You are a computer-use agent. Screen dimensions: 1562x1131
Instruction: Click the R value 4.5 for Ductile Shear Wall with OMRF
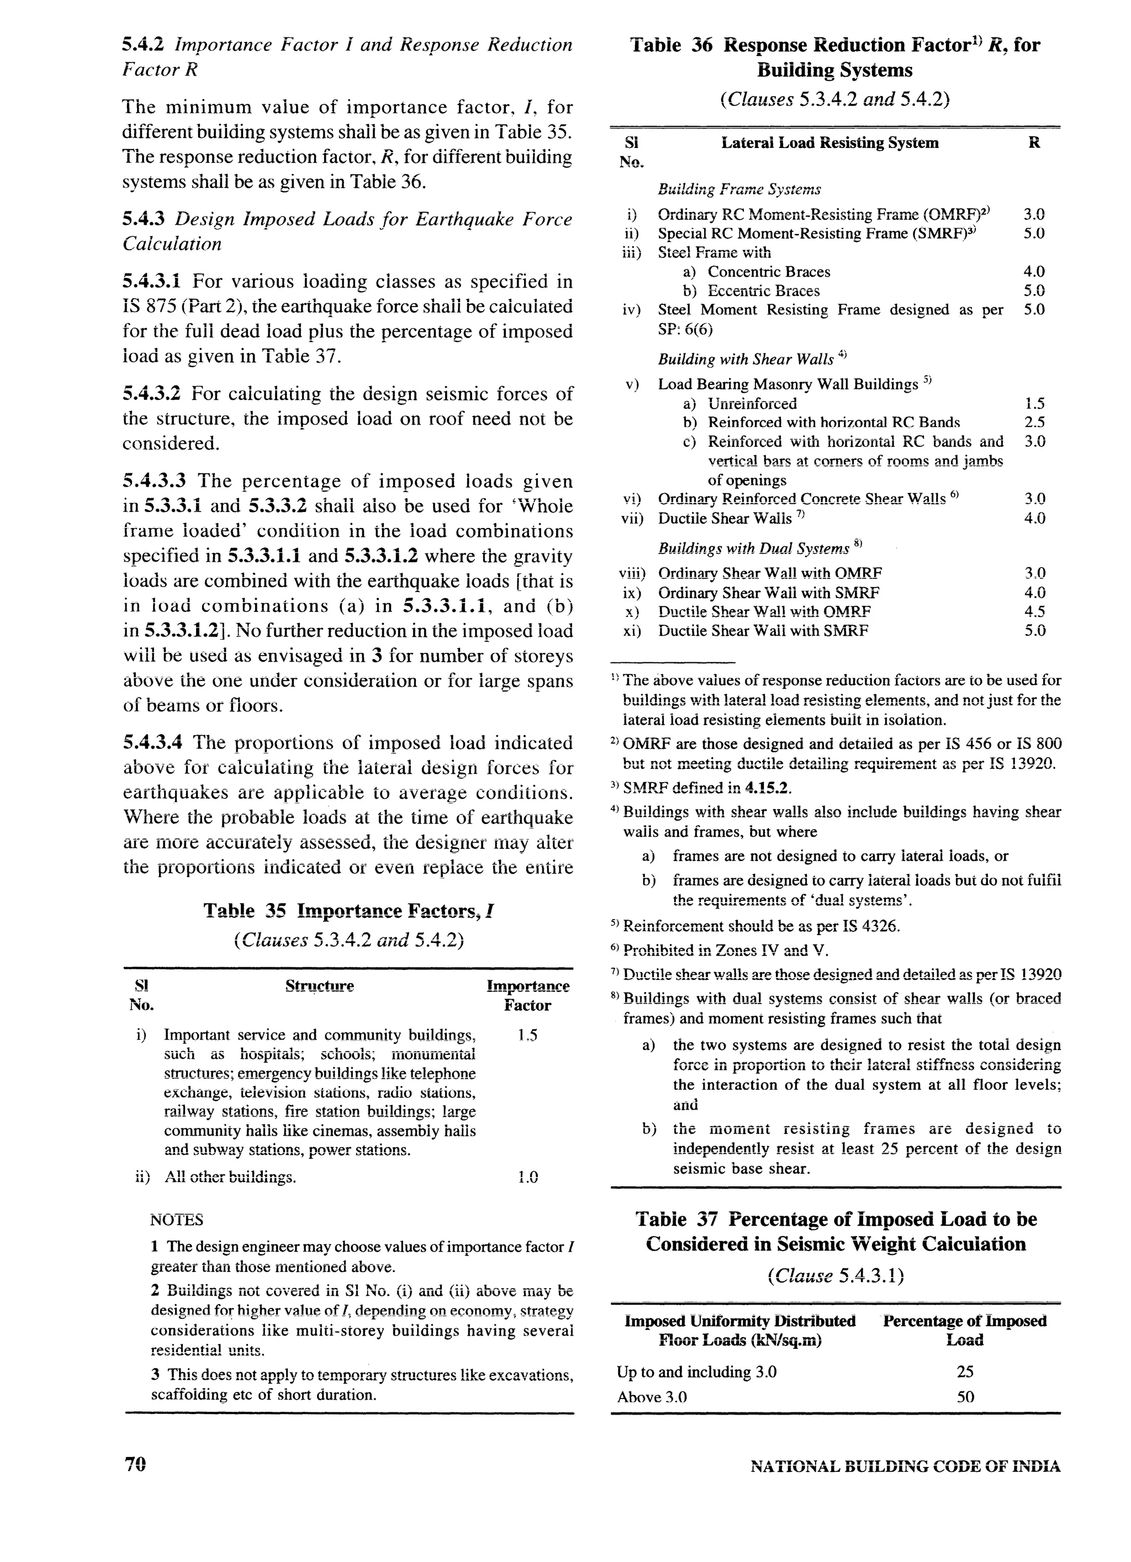point(1034,611)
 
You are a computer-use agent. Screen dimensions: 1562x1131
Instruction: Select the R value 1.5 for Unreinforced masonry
point(1034,404)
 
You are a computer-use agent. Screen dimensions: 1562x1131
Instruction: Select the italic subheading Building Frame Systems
point(739,189)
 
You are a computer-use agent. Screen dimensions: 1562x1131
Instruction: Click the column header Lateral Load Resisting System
point(829,143)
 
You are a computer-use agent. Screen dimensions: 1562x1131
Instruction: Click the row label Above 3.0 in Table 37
point(652,1397)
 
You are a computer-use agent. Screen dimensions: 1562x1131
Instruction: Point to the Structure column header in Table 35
point(320,986)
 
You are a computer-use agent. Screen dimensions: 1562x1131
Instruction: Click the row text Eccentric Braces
point(763,291)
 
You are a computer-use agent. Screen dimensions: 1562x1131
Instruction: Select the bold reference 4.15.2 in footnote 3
point(755,787)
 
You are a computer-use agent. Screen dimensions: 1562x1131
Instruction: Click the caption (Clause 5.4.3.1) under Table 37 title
point(836,1276)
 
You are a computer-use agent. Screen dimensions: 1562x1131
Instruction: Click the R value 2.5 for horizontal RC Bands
point(1034,422)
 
